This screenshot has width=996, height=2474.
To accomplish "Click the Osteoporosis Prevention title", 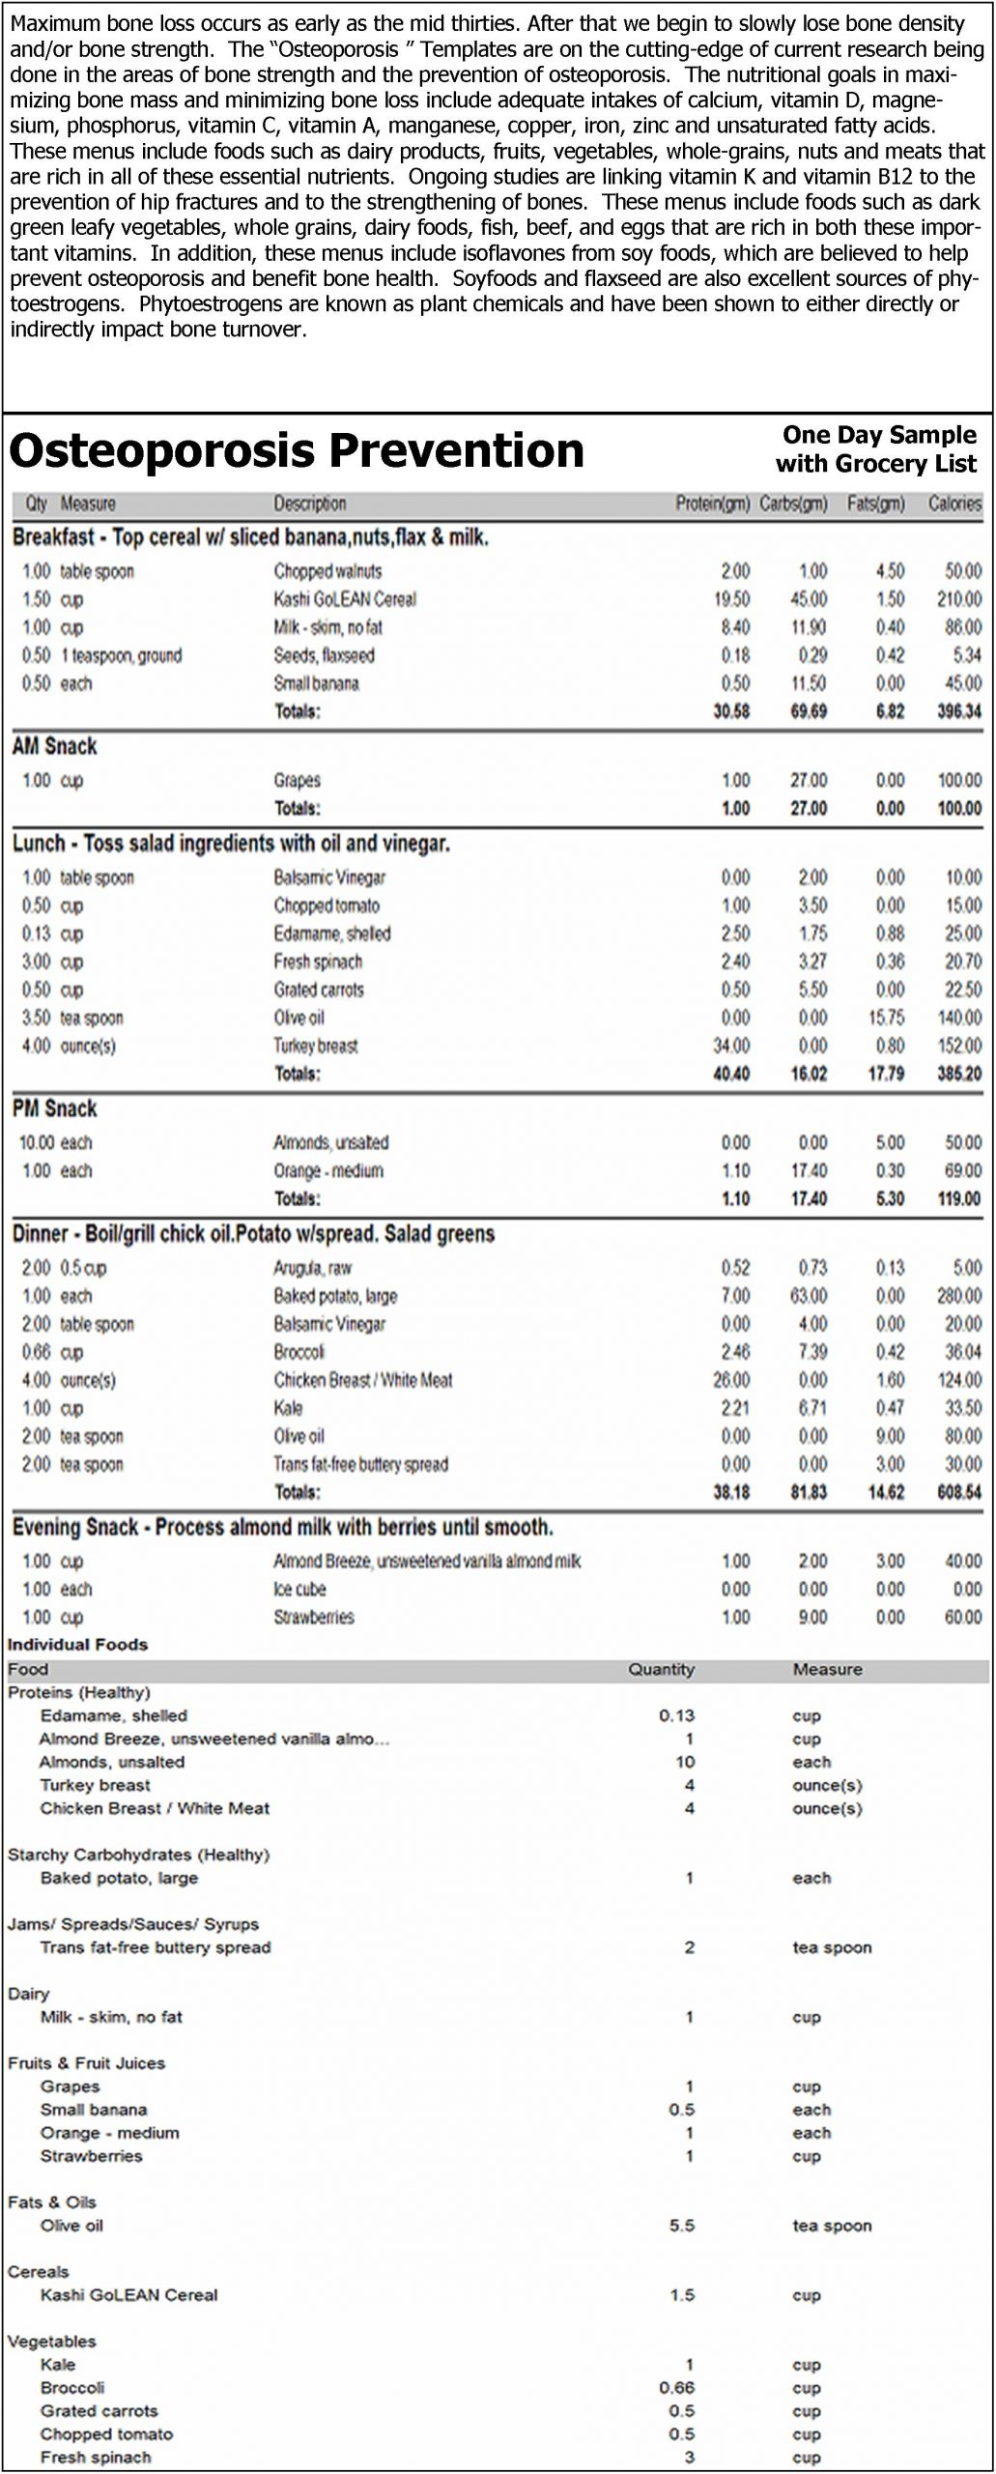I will [x=296, y=451].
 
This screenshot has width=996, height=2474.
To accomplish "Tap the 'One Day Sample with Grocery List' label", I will [x=876, y=449].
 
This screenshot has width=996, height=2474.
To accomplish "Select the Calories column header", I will [x=954, y=503].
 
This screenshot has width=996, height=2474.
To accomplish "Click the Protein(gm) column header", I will [x=712, y=503].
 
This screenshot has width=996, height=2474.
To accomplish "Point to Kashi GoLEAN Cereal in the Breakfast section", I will [x=345, y=599].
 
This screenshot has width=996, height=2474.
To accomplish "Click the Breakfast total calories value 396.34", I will [x=958, y=711].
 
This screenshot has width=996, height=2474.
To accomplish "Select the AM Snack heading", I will [x=54, y=746].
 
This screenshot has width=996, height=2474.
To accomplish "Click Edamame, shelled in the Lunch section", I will [x=331, y=934].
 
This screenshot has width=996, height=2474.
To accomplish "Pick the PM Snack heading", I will [x=54, y=1108].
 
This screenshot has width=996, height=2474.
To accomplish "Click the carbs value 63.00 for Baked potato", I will [x=809, y=1296].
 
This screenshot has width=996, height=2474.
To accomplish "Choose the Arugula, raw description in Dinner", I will [x=312, y=1268].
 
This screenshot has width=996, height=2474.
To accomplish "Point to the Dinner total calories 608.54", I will [x=958, y=1492].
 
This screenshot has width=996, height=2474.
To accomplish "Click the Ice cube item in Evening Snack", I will [x=299, y=1589].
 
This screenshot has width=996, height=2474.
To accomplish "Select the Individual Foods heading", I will [x=77, y=1645].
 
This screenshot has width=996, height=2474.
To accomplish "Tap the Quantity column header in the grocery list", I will [x=661, y=1669].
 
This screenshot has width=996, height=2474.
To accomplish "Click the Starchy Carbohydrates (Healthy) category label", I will [x=138, y=1855].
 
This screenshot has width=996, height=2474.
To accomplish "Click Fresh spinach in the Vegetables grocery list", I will [x=96, y=2458].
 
